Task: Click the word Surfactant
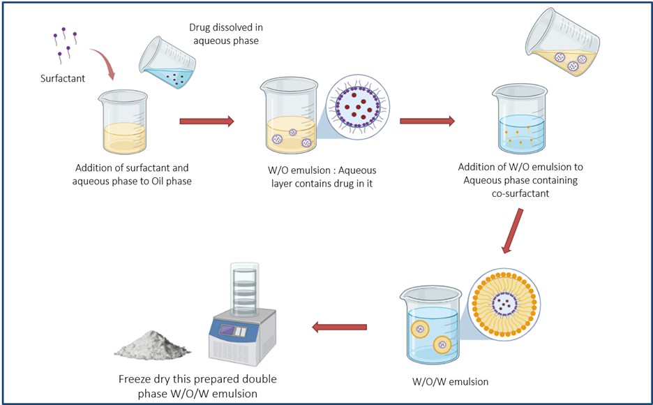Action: [x=62, y=78]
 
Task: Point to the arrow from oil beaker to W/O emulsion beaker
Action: [x=207, y=121]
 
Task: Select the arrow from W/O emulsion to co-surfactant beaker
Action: [x=426, y=121]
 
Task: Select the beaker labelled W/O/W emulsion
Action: [x=430, y=325]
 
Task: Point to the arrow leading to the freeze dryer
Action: [x=339, y=326]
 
